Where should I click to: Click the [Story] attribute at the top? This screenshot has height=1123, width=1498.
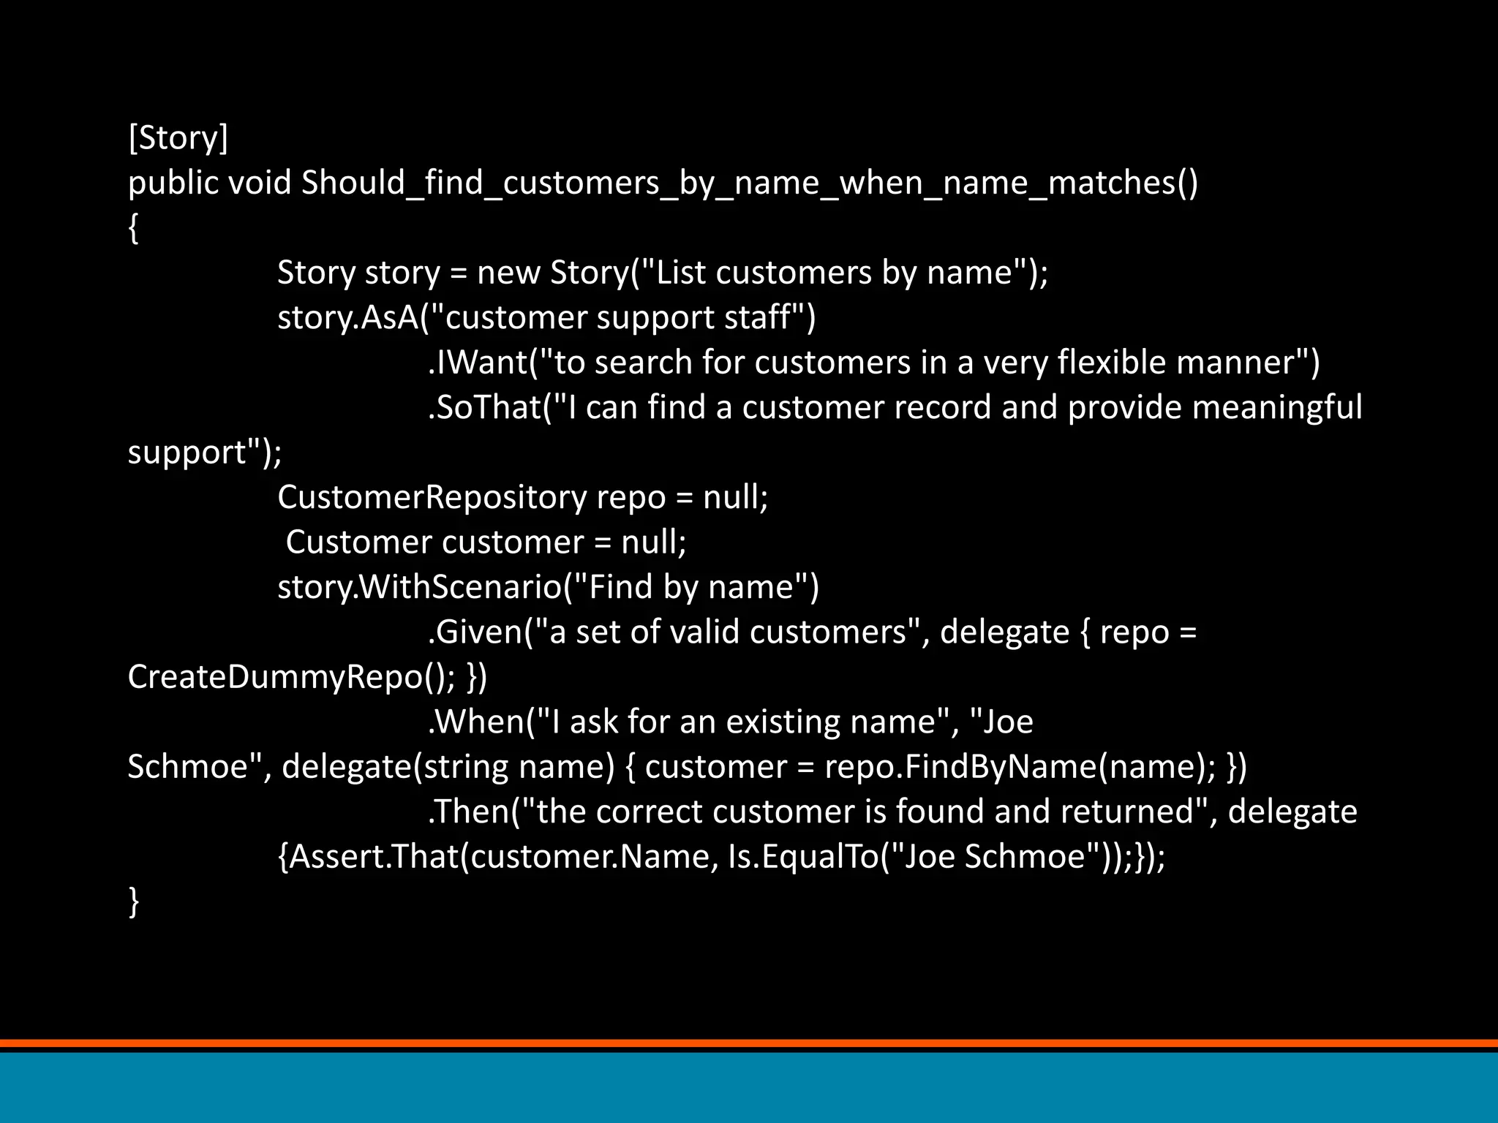click(178, 137)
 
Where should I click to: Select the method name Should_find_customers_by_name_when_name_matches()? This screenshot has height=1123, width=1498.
click(750, 183)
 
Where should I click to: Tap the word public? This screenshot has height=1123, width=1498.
click(173, 183)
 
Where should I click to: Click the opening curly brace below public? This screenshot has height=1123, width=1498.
click(133, 228)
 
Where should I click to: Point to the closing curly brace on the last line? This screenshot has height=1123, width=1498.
click(133, 901)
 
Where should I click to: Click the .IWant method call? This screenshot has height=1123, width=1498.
click(478, 363)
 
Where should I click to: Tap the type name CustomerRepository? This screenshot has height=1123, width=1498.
click(432, 497)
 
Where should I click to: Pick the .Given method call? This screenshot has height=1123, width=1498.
click(475, 632)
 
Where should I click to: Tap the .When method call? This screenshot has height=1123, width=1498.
click(476, 722)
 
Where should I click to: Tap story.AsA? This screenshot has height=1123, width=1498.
click(347, 317)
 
